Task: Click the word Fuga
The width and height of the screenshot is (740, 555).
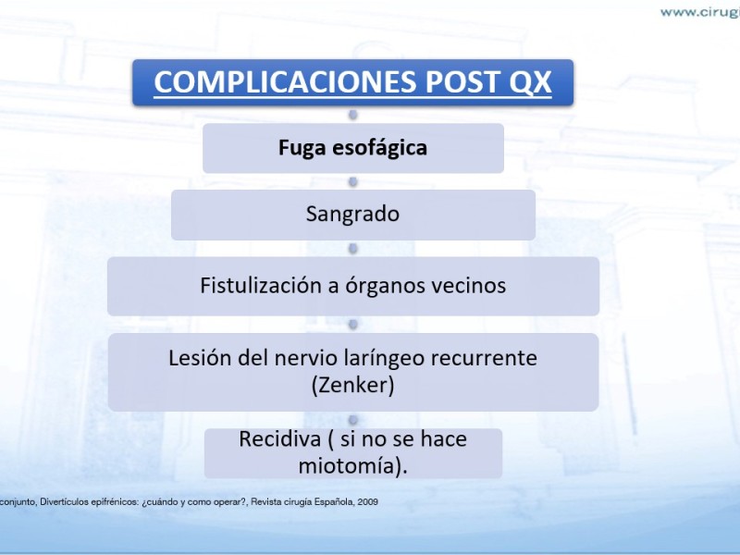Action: click(x=302, y=148)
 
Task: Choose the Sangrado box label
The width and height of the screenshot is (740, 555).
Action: click(x=352, y=215)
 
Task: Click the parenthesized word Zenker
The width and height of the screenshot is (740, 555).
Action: click(x=352, y=385)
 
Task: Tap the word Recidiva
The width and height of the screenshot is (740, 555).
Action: click(x=280, y=438)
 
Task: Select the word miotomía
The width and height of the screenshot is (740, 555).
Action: click(x=350, y=466)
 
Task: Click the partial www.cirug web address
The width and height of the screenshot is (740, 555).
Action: click(x=700, y=13)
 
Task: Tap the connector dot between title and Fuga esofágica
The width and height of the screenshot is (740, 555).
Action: click(x=352, y=115)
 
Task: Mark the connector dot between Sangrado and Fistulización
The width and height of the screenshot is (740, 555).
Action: click(x=352, y=249)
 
